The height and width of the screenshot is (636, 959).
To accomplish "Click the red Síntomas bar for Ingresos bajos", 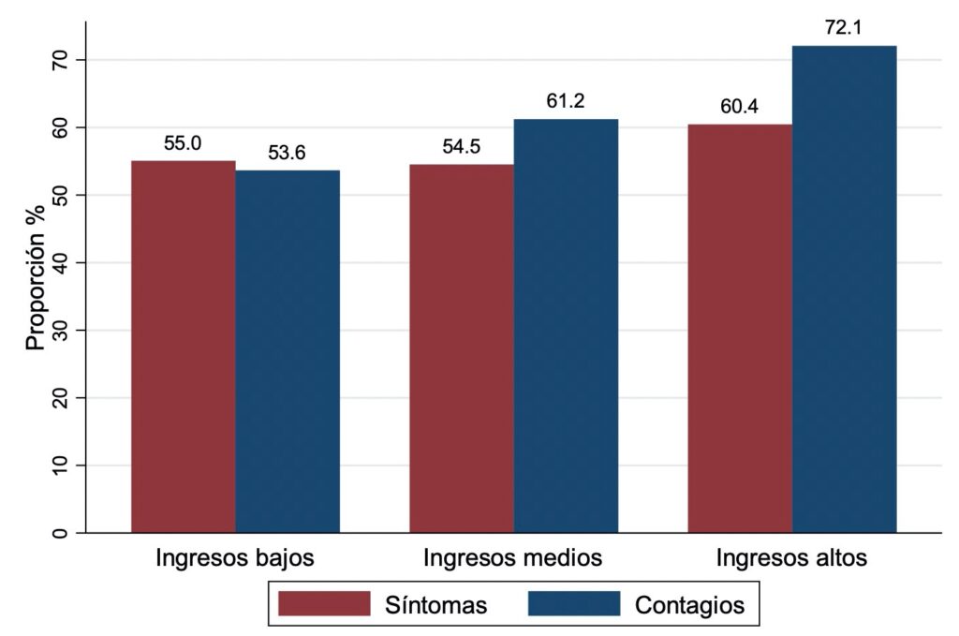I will [183, 347].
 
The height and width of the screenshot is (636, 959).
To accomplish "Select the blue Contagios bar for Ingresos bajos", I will [288, 351].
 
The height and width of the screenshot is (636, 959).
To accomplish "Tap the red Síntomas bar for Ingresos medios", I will [462, 348].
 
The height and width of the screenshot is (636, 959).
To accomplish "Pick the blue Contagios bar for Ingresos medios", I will [566, 326].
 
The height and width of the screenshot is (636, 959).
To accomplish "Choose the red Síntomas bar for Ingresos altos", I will [740, 328].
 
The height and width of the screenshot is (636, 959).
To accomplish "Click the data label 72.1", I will [844, 28].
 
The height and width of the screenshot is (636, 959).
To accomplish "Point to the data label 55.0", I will [183, 143].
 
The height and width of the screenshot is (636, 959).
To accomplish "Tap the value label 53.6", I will [288, 153].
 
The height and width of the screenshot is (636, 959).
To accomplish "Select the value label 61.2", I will [566, 101].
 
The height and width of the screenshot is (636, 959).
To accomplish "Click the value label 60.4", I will [740, 107].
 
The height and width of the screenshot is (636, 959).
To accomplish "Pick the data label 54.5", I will [462, 147].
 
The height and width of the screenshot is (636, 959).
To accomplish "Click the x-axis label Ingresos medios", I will [512, 558].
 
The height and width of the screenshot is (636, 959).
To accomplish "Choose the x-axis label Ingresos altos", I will [791, 558].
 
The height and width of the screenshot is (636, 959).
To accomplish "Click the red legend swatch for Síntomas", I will [325, 604].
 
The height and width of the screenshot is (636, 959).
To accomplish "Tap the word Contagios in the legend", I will [689, 605].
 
